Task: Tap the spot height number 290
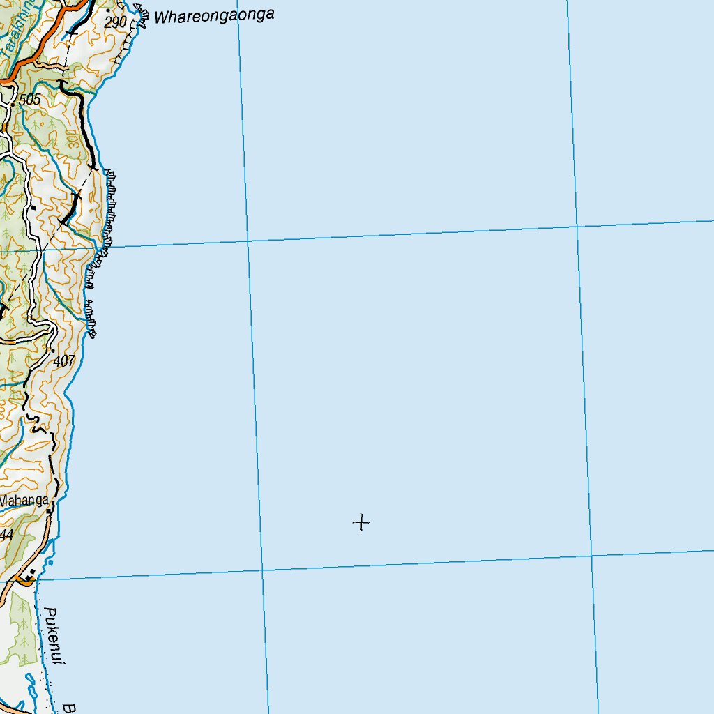[116, 22]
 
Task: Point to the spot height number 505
[30, 100]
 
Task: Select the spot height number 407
[63, 361]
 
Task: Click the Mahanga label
[25, 500]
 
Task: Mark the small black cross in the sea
[361, 522]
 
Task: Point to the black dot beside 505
[13, 105]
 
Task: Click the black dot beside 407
[52, 350]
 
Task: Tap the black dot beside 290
[108, 10]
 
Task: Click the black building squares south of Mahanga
[29, 577]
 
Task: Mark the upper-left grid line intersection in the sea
[248, 241]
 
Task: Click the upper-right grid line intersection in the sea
[577, 226]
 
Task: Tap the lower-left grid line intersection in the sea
[262, 570]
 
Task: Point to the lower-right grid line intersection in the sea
[592, 556]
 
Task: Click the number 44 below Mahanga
[7, 534]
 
